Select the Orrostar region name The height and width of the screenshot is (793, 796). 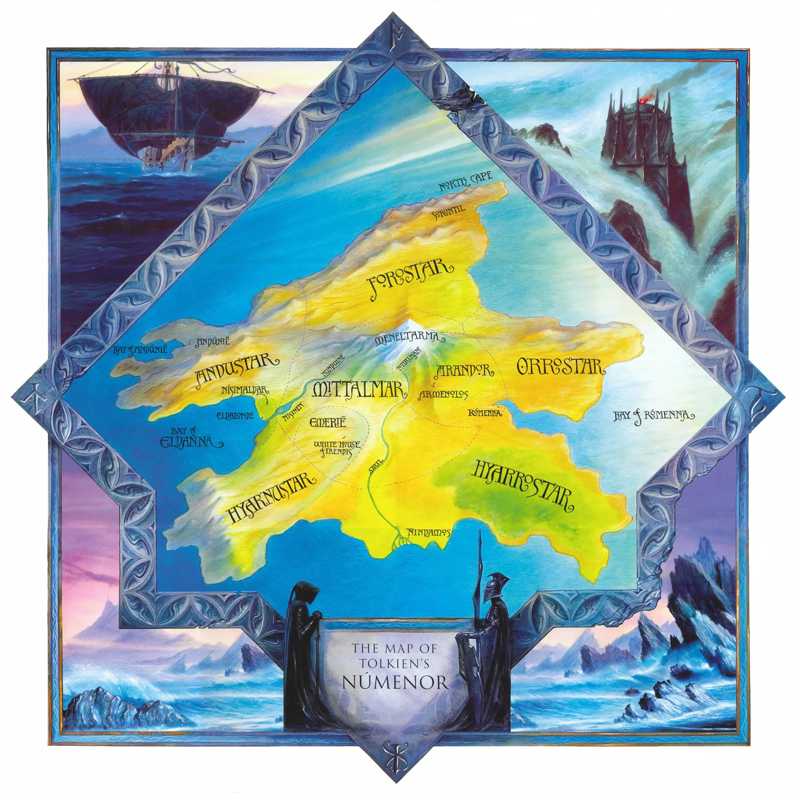560,367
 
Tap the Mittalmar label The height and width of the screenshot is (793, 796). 357,389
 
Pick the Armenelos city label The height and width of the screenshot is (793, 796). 444,395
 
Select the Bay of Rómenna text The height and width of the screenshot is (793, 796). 653,416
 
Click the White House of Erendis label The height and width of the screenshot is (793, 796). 336,449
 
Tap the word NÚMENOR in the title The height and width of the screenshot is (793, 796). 395,683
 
